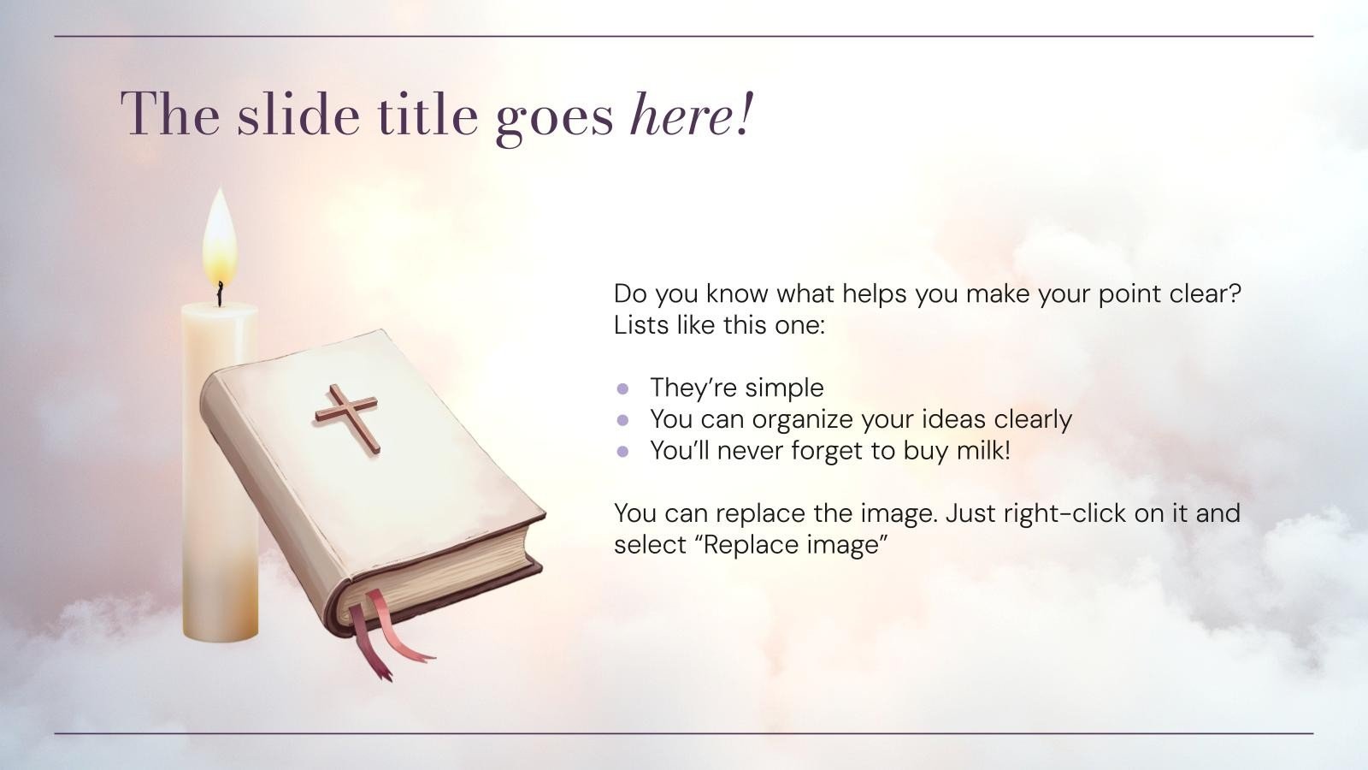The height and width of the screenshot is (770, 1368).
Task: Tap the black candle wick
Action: click(x=221, y=293)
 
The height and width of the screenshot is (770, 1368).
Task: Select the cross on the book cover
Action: click(x=347, y=417)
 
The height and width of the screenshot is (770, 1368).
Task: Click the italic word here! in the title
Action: click(x=692, y=115)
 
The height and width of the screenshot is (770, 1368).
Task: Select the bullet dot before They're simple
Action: click(x=622, y=388)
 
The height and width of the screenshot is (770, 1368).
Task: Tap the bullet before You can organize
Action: click(x=622, y=419)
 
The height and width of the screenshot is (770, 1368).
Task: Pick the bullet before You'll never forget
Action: click(x=622, y=451)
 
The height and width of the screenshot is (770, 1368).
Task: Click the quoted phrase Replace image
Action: click(x=793, y=544)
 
